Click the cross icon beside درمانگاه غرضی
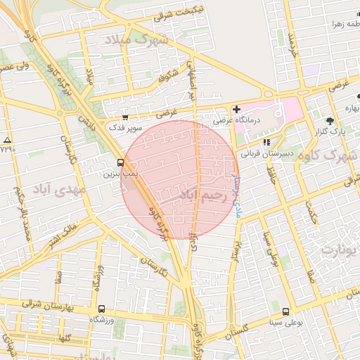[x=236, y=109]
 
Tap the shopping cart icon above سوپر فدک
[x=125, y=117]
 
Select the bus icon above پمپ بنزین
[x=121, y=162]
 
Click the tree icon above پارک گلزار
[x=331, y=120]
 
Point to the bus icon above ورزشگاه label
[x=101, y=309]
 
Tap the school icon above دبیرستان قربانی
[x=266, y=141]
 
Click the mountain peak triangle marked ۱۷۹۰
[x=7, y=140]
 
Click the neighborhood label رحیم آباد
[x=205, y=195]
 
